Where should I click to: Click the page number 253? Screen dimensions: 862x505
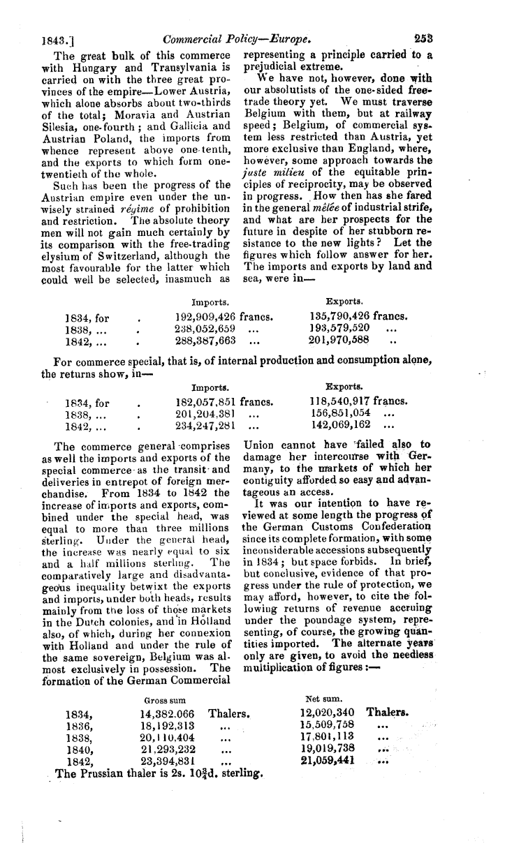click(x=423, y=39)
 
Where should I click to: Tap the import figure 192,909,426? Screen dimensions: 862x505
click(x=205, y=316)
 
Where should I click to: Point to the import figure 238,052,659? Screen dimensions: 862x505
click(x=205, y=328)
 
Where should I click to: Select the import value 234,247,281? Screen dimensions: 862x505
click(x=205, y=426)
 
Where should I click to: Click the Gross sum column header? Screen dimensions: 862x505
click(x=163, y=699)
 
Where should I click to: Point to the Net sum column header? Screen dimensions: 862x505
click(x=322, y=697)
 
